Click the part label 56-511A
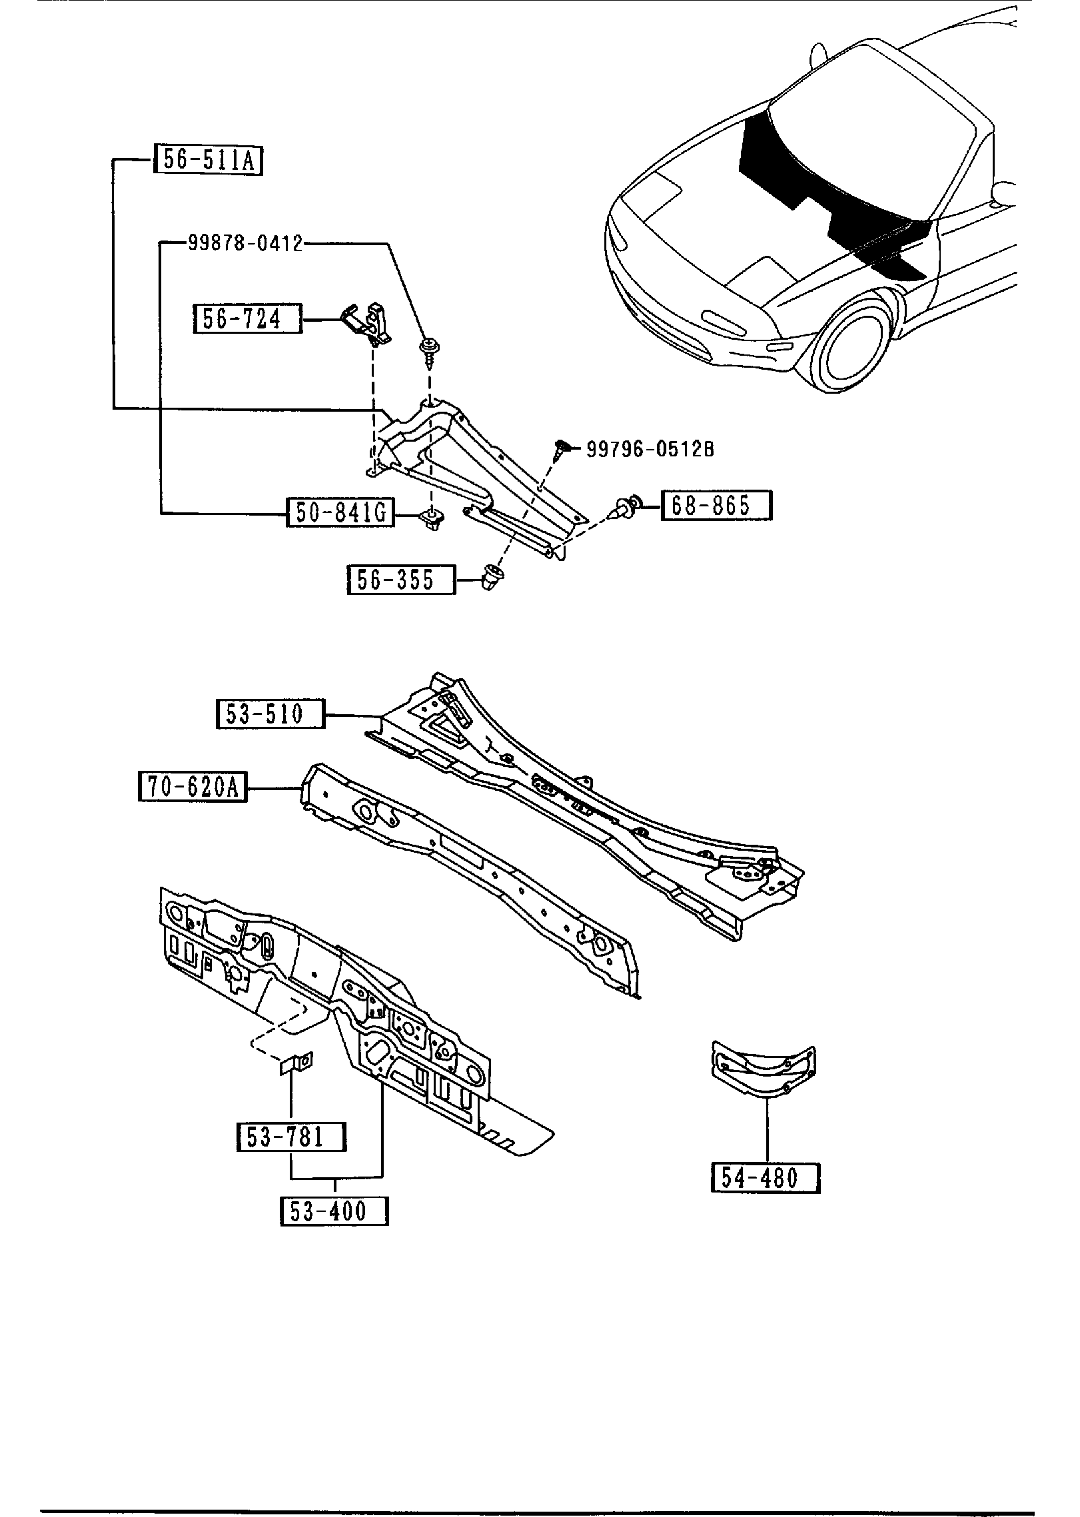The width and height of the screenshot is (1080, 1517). coord(209,161)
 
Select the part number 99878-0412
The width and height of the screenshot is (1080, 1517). coord(245,244)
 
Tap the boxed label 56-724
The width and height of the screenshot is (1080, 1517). coord(247,319)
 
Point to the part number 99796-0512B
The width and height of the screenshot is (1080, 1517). coord(650,449)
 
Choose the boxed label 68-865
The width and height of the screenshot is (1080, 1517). coord(716,506)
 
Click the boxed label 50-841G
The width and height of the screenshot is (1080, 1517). coord(340,512)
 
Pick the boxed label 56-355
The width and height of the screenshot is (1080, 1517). coord(401,579)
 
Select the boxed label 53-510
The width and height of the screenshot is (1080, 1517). coord(270,714)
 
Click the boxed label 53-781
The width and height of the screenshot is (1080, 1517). coord(291,1136)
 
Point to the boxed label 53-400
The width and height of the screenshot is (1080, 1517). coord(334,1211)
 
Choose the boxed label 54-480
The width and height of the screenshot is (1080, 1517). coord(765,1178)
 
